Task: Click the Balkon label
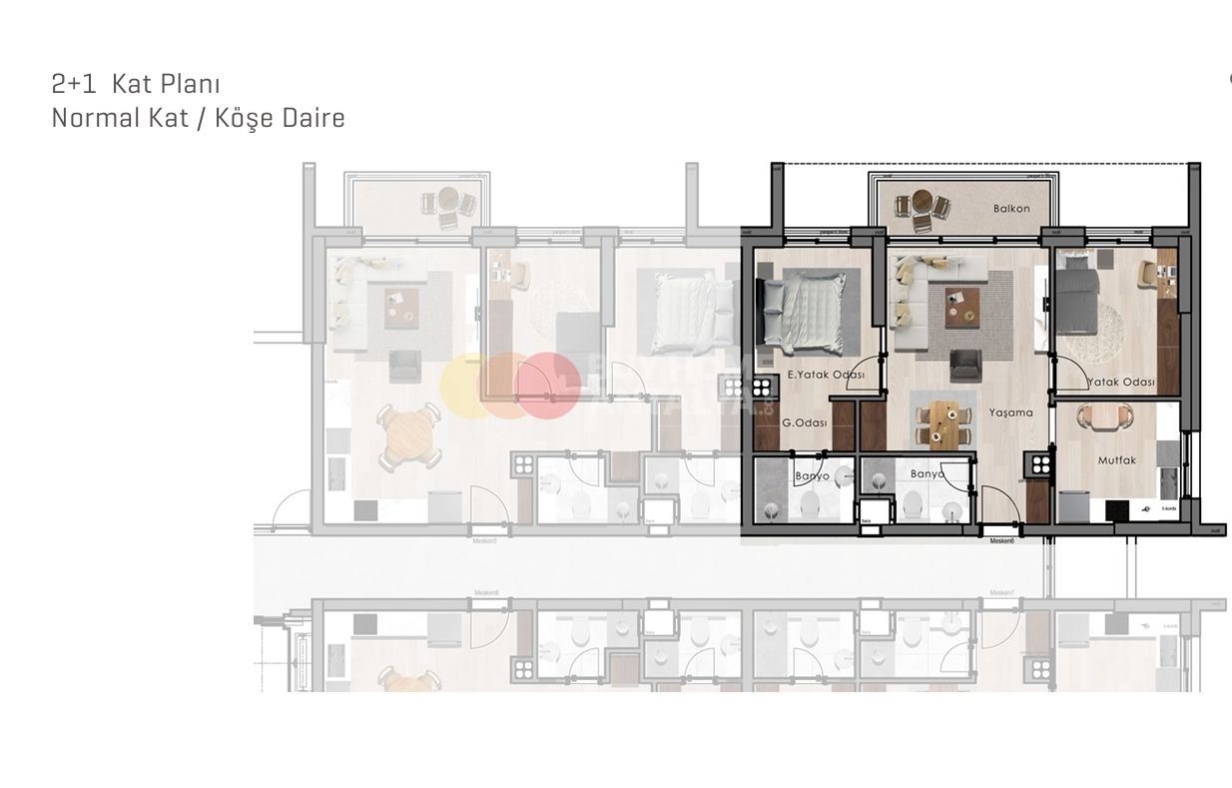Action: click(1010, 209)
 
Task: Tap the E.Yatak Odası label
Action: click(826, 375)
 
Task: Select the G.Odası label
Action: click(804, 422)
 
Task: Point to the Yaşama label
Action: click(1010, 412)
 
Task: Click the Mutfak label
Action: click(1117, 460)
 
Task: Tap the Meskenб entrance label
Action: click(1001, 541)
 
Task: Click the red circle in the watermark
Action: click(547, 385)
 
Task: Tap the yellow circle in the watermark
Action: click(466, 385)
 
